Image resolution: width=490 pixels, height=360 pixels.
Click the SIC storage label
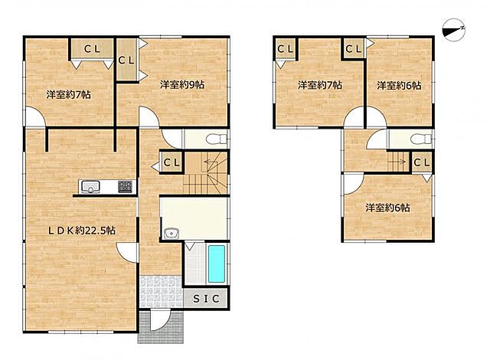[206, 299]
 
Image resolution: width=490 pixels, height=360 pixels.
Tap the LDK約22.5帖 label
[82, 231]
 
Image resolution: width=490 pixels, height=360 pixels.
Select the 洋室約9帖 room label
[182, 84]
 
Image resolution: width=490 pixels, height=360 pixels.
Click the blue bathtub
[216, 264]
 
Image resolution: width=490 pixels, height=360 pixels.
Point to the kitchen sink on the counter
[90, 187]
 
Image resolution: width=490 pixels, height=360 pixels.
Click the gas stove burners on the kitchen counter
[125, 187]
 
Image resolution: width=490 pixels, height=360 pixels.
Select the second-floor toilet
[420, 139]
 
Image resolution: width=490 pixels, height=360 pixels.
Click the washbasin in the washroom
[171, 234]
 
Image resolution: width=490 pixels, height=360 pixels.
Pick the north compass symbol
[454, 30]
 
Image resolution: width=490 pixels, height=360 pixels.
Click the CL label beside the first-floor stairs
[171, 162]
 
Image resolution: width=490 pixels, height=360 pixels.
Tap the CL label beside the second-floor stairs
[422, 162]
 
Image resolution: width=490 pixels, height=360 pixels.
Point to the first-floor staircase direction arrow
[211, 162]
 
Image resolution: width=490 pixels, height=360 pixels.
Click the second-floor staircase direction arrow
[397, 162]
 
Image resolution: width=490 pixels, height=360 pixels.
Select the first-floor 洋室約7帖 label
[68, 94]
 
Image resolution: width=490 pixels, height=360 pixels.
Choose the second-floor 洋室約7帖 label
[320, 85]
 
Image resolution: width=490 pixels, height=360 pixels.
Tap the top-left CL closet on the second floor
[286, 49]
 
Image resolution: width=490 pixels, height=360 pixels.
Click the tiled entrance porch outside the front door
[161, 326]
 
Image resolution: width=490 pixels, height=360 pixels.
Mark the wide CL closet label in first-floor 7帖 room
[92, 49]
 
